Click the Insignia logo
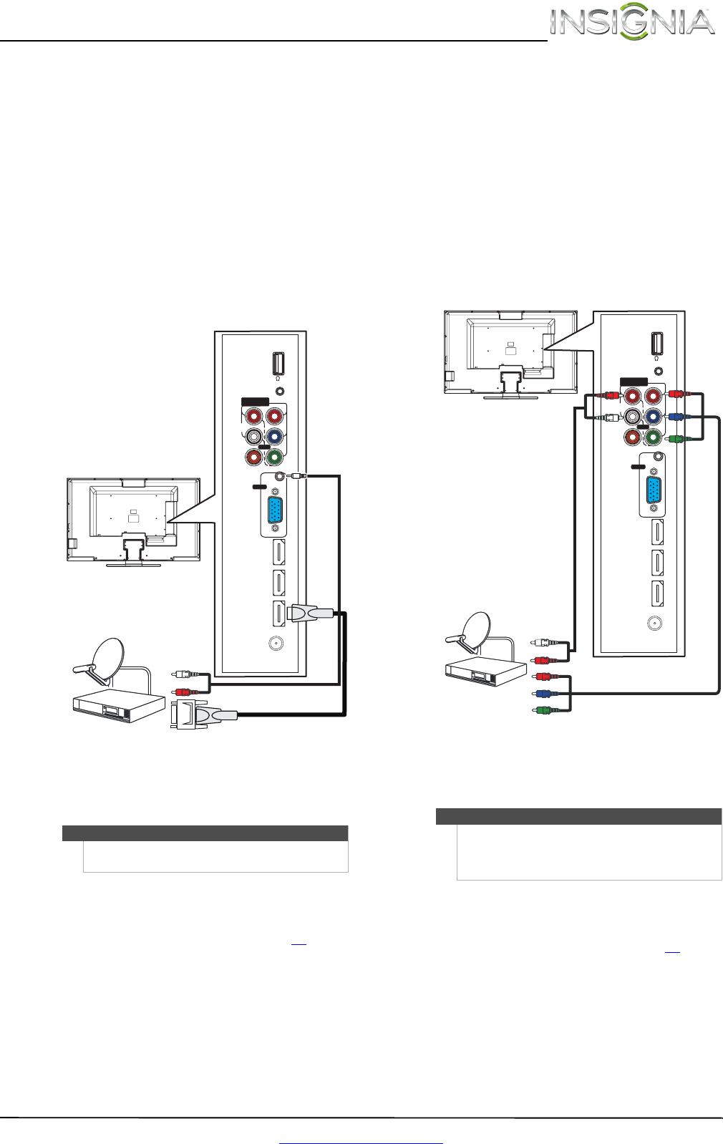632,23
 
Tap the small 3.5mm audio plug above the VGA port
298,475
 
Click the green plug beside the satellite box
543,711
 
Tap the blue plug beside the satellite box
543,693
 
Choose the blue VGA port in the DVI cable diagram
274,511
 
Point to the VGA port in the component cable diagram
654,491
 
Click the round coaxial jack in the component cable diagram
654,623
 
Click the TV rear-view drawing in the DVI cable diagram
134,520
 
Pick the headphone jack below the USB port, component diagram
659,371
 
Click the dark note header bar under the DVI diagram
205,833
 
